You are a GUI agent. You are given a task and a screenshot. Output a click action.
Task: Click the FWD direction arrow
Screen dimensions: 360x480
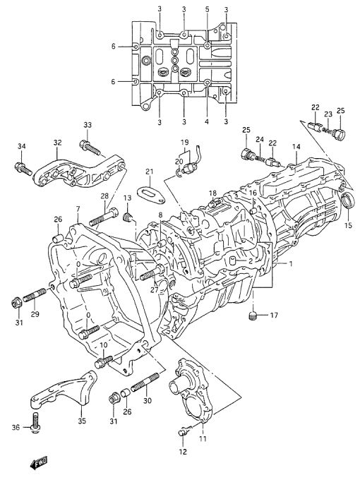click(40, 462)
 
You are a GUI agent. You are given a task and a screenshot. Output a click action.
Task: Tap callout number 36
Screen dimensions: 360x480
click(16, 427)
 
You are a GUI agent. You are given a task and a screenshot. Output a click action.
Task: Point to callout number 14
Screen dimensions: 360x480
click(296, 147)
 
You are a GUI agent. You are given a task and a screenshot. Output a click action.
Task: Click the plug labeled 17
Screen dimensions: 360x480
click(252, 316)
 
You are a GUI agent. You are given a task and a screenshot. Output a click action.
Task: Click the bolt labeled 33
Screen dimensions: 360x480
click(90, 148)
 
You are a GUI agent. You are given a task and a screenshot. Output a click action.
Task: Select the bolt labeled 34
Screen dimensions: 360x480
click(23, 169)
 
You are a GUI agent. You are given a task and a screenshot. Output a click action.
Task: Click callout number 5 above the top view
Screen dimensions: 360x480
click(207, 9)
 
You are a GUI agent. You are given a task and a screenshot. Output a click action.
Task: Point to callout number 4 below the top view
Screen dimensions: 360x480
click(207, 122)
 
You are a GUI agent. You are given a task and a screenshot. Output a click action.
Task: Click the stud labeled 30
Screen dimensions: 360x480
click(145, 382)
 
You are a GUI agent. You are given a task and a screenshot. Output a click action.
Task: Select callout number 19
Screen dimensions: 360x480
click(184, 143)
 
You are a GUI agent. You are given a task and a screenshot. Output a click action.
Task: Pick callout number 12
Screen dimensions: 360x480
click(183, 451)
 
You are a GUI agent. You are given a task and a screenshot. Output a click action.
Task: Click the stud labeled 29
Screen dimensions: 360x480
click(35, 294)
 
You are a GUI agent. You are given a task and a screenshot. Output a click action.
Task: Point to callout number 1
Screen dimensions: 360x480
click(291, 263)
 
